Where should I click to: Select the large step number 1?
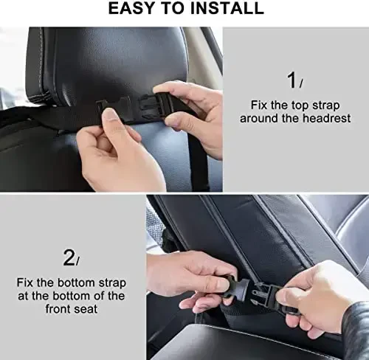[292, 80]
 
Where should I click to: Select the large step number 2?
[69, 257]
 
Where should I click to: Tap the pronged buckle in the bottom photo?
[261, 295]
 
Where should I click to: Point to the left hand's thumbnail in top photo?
[110, 114]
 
